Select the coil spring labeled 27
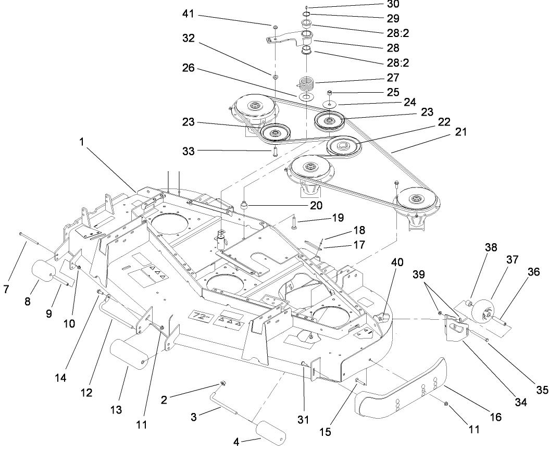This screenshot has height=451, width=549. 307,83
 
